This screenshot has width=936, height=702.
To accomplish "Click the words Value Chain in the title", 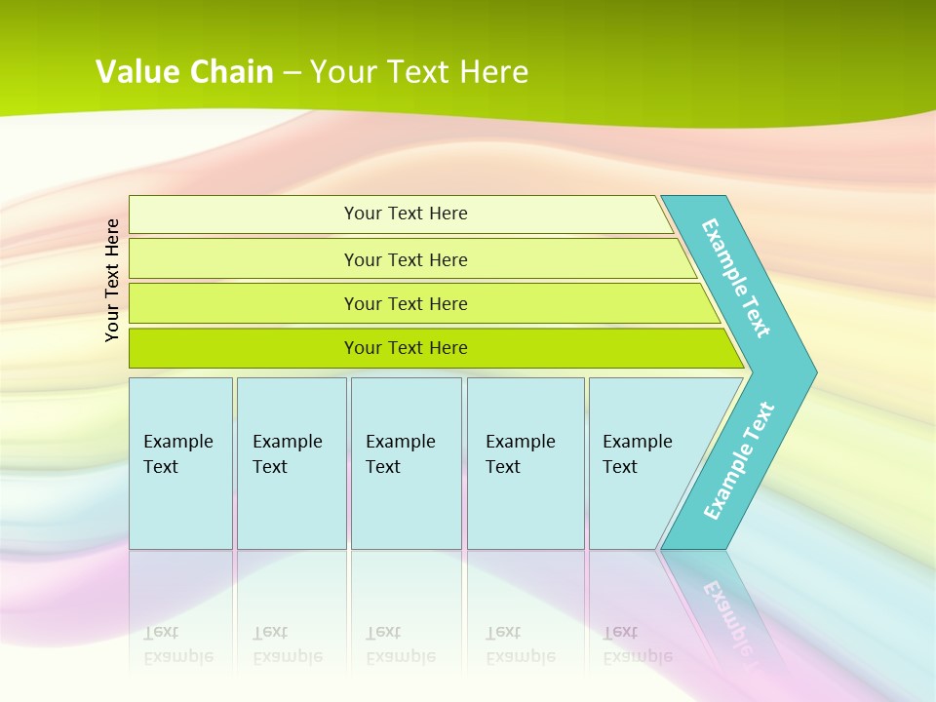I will click(x=184, y=72).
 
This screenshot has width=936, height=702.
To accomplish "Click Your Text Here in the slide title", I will click(x=419, y=72).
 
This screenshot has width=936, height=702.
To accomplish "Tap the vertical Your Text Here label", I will click(x=113, y=280).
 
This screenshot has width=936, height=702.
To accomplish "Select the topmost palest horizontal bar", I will click(x=244, y=214).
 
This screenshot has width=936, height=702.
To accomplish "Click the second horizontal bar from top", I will click(x=244, y=259).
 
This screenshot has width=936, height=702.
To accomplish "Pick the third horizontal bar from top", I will click(x=244, y=303).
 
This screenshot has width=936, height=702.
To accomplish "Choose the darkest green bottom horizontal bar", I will click(x=244, y=348).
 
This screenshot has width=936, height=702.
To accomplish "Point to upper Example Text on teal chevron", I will click(x=736, y=278).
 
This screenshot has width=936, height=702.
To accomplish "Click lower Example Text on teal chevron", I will click(x=738, y=460).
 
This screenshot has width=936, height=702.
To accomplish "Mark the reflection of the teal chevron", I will click(x=726, y=604).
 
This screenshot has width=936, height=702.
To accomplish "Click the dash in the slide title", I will click(x=292, y=73).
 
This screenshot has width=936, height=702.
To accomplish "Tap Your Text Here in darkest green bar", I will click(x=406, y=348).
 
